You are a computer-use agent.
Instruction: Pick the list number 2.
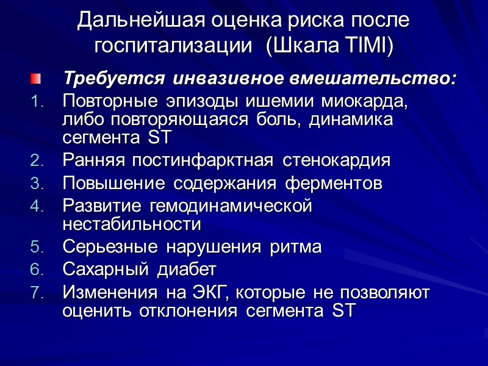[x=37, y=162]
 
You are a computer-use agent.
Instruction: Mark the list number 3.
[x=37, y=184]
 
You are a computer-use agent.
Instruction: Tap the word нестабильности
[x=131, y=224]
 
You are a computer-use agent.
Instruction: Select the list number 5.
[x=37, y=247]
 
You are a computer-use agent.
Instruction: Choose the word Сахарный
[x=107, y=269]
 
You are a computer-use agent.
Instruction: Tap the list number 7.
[x=37, y=292]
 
